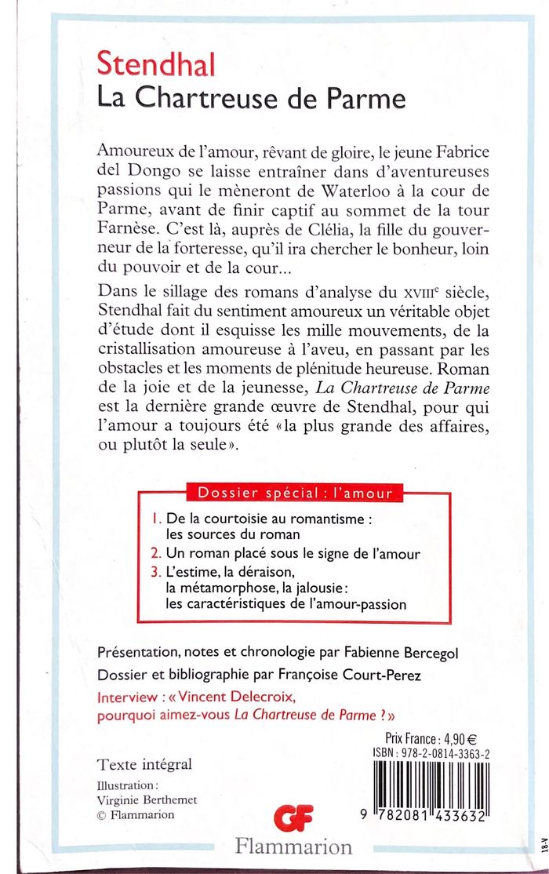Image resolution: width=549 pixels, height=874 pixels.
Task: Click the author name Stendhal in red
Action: click(x=156, y=65)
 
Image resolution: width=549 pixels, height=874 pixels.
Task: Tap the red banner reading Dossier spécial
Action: click(x=290, y=493)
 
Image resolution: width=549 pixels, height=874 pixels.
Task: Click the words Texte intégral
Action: click(x=144, y=764)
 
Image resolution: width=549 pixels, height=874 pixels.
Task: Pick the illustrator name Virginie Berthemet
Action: click(x=147, y=799)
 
